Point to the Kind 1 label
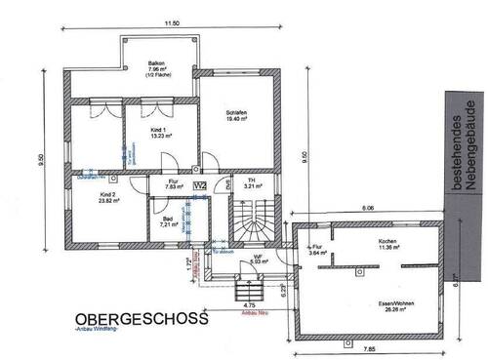point(158,131)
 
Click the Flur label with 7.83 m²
point(171,182)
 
